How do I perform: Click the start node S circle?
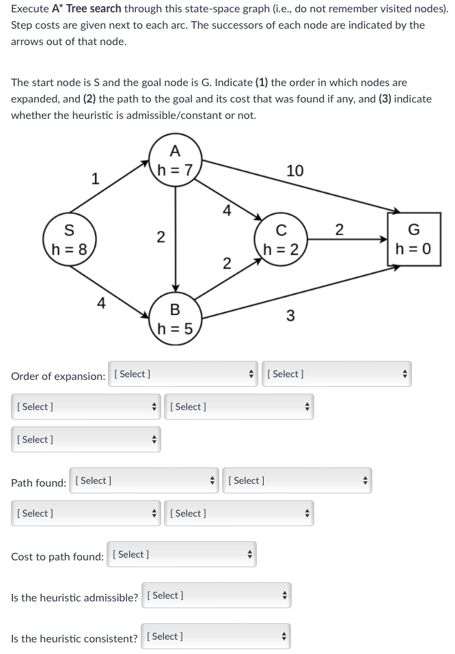click(x=69, y=239)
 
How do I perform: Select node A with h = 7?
click(x=176, y=160)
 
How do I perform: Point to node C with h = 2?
click(x=281, y=239)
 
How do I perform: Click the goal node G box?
click(x=413, y=239)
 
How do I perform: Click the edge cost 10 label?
click(x=295, y=170)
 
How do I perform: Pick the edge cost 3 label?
click(x=290, y=315)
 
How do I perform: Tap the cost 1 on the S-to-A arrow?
click(x=96, y=179)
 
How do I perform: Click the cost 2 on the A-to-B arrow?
click(x=160, y=237)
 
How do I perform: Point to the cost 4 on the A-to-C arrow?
click(x=227, y=210)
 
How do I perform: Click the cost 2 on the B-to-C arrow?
click(x=227, y=263)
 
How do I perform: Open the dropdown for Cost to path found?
click(x=182, y=554)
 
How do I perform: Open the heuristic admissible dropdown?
click(x=216, y=595)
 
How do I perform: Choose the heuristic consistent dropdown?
click(x=216, y=636)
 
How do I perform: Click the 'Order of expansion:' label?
click(x=58, y=376)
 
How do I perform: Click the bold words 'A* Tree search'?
click(x=86, y=9)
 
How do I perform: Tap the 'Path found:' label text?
click(x=38, y=482)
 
